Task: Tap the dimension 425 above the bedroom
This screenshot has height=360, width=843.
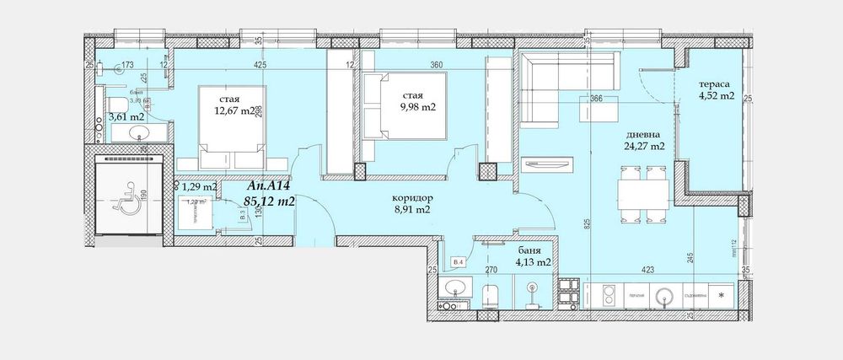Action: [x=259, y=64]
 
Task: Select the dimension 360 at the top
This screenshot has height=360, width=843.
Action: [x=436, y=64]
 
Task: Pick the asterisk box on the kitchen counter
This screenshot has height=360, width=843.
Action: [x=720, y=296]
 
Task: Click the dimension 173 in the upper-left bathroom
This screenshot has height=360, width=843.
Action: [x=128, y=64]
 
